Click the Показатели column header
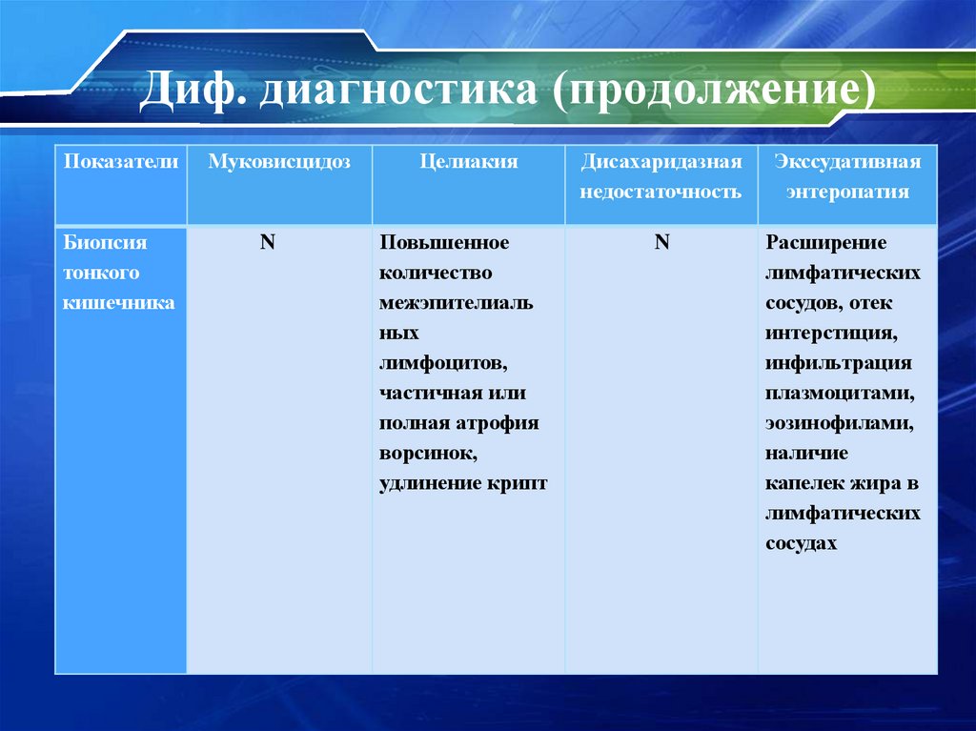click(x=121, y=162)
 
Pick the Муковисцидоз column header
click(x=279, y=162)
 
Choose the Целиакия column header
click(x=469, y=162)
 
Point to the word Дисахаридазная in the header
click(x=661, y=162)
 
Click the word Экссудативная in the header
click(x=847, y=162)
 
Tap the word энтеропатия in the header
click(x=847, y=192)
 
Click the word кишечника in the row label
click(x=119, y=303)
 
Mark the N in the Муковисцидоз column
click(x=268, y=242)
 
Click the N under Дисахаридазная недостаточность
click(x=661, y=242)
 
